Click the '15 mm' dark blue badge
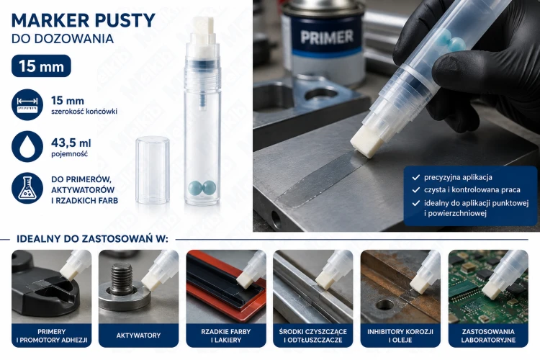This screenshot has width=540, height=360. [x=41, y=66]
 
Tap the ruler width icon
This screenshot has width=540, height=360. [x=27, y=104]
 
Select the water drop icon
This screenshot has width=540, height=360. [x=27, y=146]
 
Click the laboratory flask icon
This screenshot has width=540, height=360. [x=27, y=188]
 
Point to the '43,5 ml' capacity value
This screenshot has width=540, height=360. [x=71, y=143]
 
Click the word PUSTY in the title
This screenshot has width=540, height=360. [x=125, y=21]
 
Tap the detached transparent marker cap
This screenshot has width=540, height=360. [x=153, y=170]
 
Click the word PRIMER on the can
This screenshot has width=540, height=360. [x=327, y=37]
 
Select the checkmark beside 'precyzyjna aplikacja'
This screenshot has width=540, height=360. [x=416, y=177]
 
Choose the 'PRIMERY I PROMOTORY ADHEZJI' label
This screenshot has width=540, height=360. [x=52, y=336]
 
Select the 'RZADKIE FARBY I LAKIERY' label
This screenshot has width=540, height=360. [x=226, y=336]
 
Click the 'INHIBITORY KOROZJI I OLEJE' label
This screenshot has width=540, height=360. [x=400, y=336]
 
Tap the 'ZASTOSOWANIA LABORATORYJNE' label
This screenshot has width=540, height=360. [x=488, y=336]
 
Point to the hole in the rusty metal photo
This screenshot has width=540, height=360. [x=384, y=305]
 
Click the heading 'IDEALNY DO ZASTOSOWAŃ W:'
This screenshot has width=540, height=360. [x=92, y=239]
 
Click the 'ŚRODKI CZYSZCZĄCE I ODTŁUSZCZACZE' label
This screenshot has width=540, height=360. [x=313, y=336]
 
